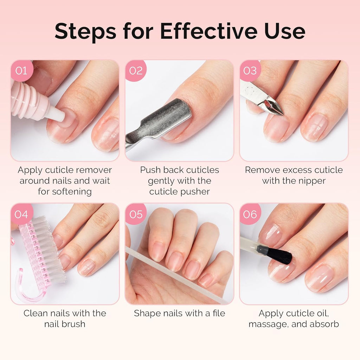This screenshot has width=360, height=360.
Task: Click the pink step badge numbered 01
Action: pyautogui.click(x=21, y=71)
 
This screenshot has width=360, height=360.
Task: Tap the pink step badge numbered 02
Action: pyautogui.click(x=136, y=71)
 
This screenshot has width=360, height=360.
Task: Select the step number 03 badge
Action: pyautogui.click(x=250, y=71)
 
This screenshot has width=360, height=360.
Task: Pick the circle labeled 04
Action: pyautogui.click(x=21, y=214)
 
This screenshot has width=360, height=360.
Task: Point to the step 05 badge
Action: pyautogui.click(x=136, y=214)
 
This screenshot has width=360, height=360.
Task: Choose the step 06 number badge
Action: pyautogui.click(x=250, y=214)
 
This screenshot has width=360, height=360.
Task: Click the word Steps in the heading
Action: pyautogui.click(x=85, y=31)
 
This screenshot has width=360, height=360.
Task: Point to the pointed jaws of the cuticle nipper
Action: pyautogui.click(x=272, y=107)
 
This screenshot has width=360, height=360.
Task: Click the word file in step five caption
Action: pyautogui.click(x=219, y=313)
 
